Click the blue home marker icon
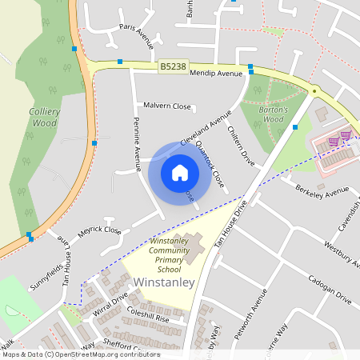180,172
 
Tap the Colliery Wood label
44,118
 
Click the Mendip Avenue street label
216,74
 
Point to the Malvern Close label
167,106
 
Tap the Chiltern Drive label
240,145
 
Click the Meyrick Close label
100,230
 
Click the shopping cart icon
346,135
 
